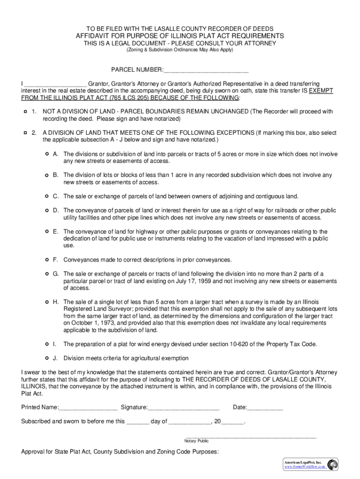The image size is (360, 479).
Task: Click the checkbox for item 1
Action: (x=25, y=112)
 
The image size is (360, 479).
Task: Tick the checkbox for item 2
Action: (x=25, y=133)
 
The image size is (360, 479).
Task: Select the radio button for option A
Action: (x=47, y=154)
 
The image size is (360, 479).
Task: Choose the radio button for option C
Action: (x=47, y=196)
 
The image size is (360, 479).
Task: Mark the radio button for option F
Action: (x=47, y=259)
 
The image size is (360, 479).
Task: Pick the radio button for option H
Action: (x=47, y=302)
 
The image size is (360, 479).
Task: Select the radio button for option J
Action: (x=47, y=358)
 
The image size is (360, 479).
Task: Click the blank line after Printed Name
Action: (x=88, y=408)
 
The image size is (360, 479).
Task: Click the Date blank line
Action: (x=265, y=408)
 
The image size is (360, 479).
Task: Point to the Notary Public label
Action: (x=196, y=441)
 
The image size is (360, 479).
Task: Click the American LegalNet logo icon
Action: (x=332, y=464)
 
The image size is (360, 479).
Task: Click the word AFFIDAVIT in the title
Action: (x=96, y=36)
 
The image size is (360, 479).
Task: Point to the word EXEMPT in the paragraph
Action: (x=321, y=91)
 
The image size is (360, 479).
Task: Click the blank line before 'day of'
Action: (x=137, y=421)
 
